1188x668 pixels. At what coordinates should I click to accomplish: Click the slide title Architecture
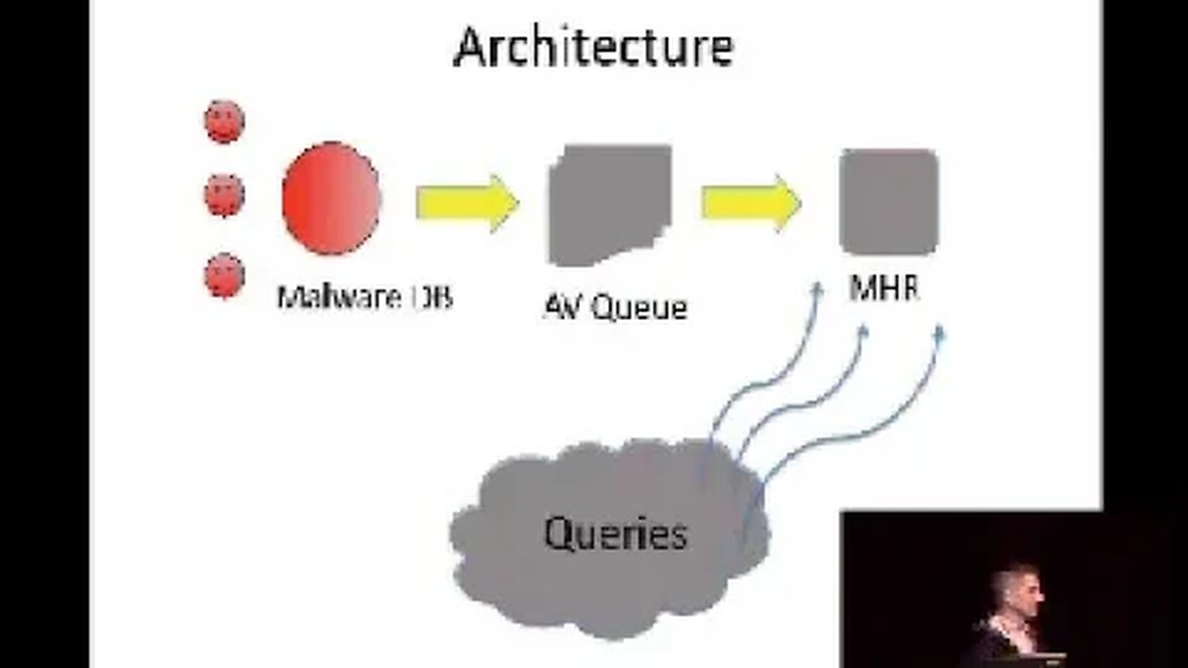click(593, 47)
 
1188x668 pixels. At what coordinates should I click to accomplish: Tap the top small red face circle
click(224, 122)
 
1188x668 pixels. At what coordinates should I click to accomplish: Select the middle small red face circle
click(224, 195)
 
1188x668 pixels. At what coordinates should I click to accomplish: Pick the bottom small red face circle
click(224, 276)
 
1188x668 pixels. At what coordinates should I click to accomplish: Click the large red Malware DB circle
click(331, 199)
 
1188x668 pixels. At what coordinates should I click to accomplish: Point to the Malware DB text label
click(365, 298)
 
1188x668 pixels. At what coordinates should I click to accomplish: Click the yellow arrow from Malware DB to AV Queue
click(466, 202)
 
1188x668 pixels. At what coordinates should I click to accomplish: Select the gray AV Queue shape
click(610, 204)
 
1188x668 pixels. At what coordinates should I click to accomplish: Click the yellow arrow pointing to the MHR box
click(750, 202)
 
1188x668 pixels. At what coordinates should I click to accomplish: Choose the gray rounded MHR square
click(888, 201)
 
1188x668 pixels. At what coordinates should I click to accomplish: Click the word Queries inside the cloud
click(615, 533)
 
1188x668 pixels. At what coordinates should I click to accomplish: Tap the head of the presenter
click(1014, 589)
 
